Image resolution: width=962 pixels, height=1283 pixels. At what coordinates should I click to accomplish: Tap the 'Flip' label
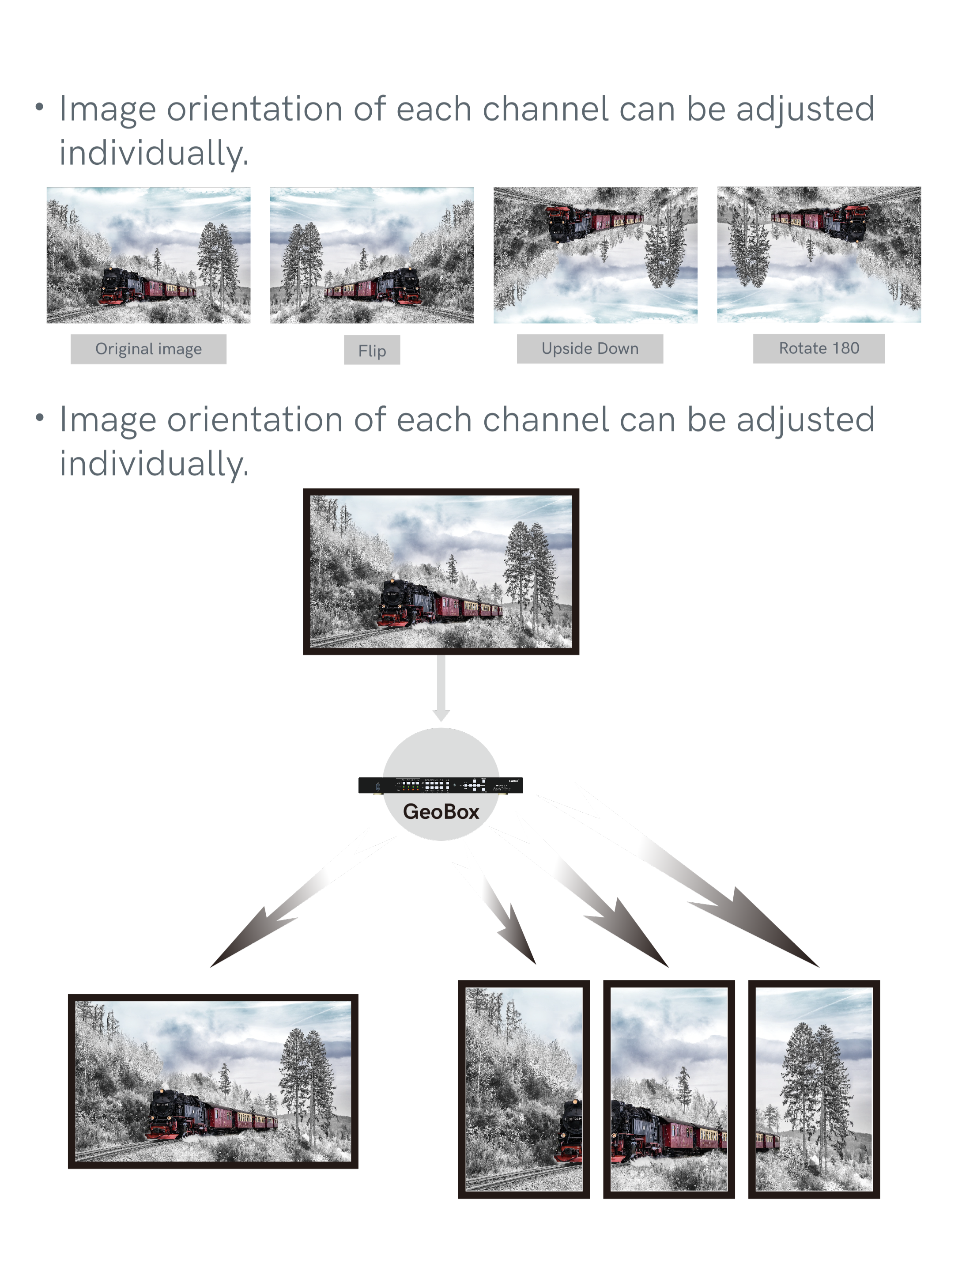tap(372, 351)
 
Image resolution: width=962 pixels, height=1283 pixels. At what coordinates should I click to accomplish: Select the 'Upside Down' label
tap(590, 348)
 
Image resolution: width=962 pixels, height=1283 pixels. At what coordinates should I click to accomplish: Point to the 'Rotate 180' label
tap(819, 348)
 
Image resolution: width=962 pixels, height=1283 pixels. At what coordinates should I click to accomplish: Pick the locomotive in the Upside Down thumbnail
tap(562, 224)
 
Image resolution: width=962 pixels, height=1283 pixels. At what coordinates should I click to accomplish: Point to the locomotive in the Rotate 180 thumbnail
tap(853, 224)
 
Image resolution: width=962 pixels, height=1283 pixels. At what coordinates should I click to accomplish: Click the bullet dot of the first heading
tap(39, 108)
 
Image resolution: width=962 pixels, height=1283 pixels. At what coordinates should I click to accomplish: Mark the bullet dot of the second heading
tap(39, 418)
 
